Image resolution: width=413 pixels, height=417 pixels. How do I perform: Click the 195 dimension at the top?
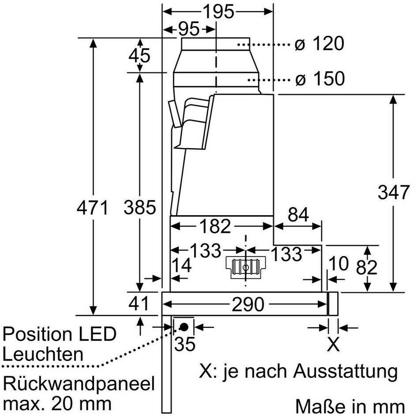coord(218,11)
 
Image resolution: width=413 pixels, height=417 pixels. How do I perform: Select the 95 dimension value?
coord(188,29)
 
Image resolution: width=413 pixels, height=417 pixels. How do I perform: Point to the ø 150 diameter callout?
coord(320,79)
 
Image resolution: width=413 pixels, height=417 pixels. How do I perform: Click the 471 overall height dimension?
coord(92,208)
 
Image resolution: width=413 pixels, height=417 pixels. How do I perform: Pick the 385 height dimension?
coord(140,208)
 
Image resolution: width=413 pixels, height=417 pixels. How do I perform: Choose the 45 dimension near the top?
coord(139,56)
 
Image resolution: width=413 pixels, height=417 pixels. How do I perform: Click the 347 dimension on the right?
coord(393,192)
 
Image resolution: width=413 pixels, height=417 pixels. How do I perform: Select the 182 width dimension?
coord(215,226)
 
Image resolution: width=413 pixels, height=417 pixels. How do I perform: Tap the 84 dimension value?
coord(298,214)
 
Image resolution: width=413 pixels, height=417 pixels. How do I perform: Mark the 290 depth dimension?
coord(248,304)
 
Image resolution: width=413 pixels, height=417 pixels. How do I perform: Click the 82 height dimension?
coord(367,267)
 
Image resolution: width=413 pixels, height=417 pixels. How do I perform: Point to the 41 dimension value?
coord(139,303)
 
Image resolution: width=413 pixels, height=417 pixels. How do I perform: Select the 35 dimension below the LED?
coord(185,344)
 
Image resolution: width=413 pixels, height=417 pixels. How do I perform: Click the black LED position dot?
coord(184,327)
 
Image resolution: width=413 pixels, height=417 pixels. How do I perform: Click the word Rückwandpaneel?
coord(79,384)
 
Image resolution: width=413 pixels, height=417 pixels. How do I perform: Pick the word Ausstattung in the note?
coord(345,371)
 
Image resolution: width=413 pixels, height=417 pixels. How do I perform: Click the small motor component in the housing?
coord(246,267)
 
